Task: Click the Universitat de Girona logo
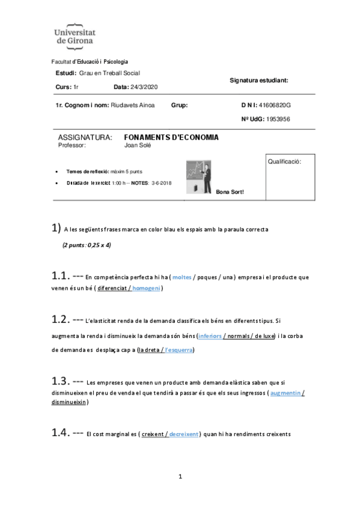point(75,35)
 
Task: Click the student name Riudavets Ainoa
point(133,105)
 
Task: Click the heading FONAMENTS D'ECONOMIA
point(171,137)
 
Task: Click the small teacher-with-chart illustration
point(199,176)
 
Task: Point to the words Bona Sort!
point(230,192)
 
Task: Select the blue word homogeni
point(146,289)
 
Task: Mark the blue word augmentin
point(286,393)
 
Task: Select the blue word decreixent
point(184,434)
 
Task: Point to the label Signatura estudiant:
point(259,79)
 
